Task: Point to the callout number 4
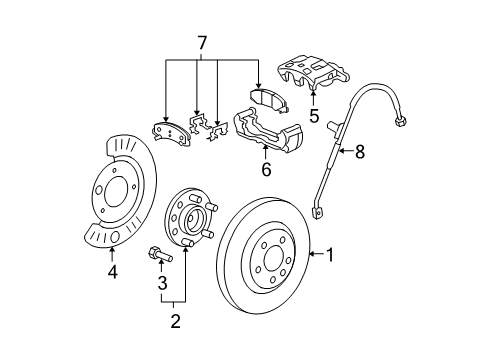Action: [x=112, y=271]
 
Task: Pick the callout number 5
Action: [x=313, y=115]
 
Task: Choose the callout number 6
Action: [x=265, y=170]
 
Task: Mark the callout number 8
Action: [x=360, y=153]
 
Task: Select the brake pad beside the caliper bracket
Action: [x=266, y=99]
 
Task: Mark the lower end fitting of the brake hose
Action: [x=320, y=211]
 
